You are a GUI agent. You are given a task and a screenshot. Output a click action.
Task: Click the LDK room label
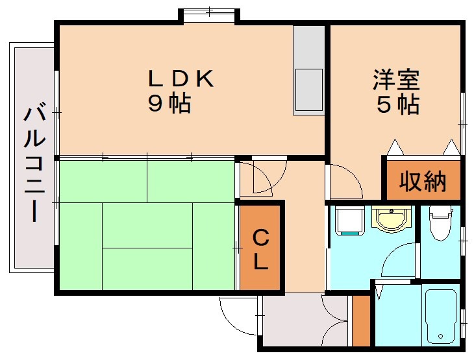tap(181, 78)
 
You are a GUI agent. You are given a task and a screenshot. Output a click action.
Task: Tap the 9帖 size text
tap(169, 104)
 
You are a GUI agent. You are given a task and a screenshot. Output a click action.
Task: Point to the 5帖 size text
tap(397, 104)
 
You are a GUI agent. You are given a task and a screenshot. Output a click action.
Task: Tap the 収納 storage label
tap(423, 182)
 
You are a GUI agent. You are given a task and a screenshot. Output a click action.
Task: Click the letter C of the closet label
tap(260, 238)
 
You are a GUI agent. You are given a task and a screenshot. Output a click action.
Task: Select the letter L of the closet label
tap(260, 263)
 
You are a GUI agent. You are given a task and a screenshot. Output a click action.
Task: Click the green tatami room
tap(146, 224)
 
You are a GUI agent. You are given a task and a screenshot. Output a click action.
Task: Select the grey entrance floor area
tap(295, 321)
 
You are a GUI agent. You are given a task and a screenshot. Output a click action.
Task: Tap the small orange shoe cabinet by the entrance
tap(360, 320)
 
